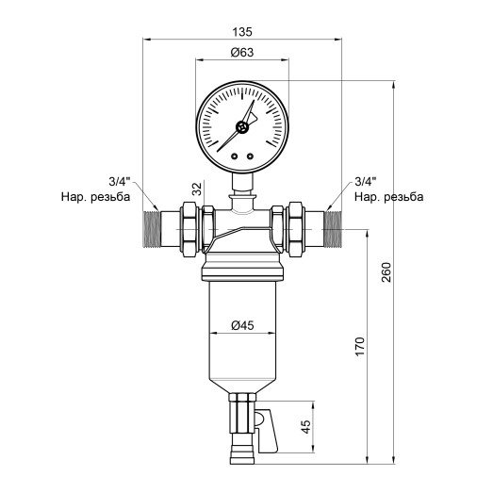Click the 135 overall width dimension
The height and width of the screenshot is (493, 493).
242,31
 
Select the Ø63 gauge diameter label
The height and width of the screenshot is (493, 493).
241,55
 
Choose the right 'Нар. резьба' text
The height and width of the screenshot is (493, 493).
388,198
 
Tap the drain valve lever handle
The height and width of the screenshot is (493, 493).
266,433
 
